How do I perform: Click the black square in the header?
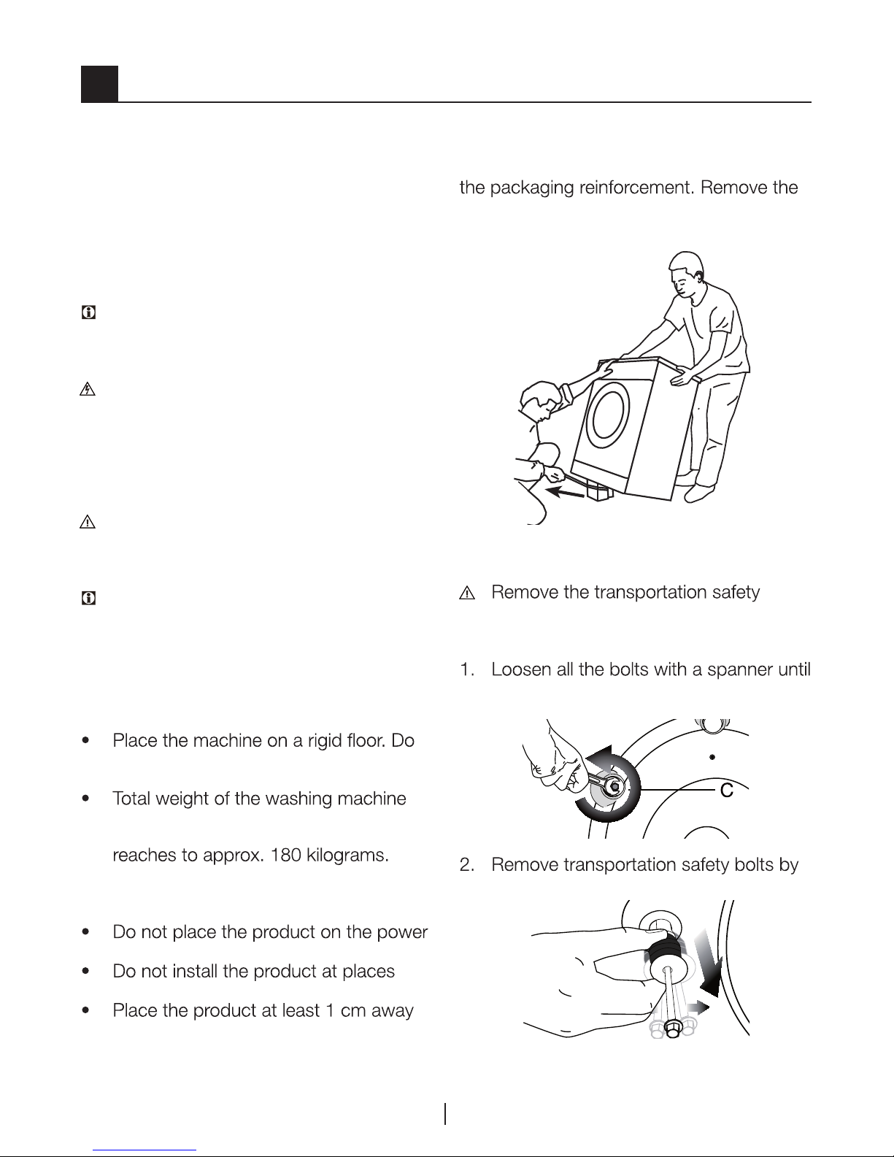[99, 84]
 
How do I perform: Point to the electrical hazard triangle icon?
[88, 390]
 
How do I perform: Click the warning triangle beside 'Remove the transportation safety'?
[466, 593]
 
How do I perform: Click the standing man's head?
[687, 273]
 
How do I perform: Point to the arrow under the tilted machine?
[566, 492]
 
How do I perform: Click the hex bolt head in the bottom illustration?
[672, 1029]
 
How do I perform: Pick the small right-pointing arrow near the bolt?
[696, 1007]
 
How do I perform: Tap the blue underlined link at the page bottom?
[144, 1150]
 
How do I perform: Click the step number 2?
[466, 865]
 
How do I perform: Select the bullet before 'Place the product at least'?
[85, 1010]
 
